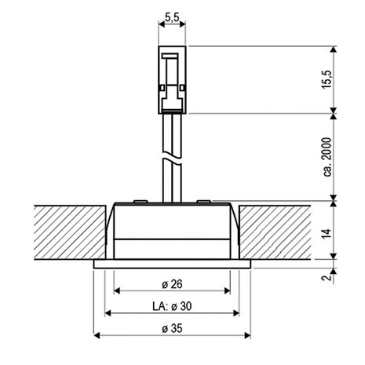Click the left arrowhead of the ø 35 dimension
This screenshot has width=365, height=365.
[97, 336]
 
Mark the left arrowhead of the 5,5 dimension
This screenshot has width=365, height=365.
[162, 24]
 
